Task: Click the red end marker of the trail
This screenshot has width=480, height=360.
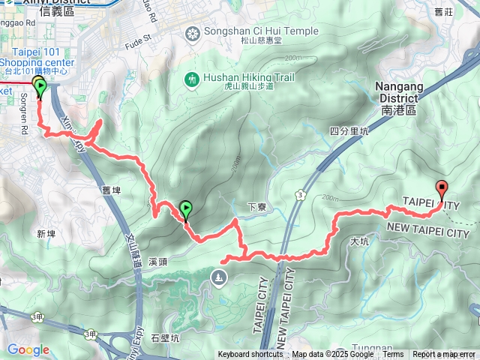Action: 442,189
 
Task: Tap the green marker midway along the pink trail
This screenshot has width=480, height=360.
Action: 185,209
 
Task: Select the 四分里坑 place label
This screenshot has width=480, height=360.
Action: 349,130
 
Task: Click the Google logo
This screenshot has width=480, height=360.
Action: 28,349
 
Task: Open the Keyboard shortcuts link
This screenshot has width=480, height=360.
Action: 250,355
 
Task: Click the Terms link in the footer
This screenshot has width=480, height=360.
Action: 393,355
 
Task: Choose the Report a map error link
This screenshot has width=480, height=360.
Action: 445,355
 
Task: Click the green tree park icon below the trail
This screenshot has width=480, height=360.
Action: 218,279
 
